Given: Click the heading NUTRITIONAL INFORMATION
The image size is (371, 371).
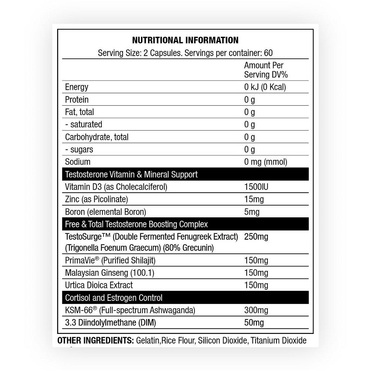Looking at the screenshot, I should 185,40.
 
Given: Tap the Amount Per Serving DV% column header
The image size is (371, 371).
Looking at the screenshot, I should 266,70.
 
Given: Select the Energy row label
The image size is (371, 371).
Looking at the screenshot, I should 76,87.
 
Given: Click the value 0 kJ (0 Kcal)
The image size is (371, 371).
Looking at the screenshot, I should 265,87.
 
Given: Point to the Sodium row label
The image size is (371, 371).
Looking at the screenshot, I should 78,162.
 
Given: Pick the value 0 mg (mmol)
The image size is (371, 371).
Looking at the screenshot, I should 266,162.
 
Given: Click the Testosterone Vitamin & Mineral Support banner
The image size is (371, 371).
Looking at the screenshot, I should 131,174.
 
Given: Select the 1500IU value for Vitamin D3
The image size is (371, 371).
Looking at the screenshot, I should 256,187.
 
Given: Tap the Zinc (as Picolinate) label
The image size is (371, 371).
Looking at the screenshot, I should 96,199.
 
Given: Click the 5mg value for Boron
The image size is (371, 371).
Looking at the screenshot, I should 252,212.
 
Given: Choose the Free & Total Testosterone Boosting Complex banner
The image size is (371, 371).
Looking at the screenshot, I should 136,224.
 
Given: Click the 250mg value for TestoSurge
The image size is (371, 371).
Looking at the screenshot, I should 256,236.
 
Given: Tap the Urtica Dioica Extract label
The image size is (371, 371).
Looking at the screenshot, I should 99,285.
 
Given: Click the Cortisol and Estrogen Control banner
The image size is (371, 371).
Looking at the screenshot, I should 114,298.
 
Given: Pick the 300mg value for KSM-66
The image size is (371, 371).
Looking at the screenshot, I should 256,310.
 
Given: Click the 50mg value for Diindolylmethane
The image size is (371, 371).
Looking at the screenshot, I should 254,322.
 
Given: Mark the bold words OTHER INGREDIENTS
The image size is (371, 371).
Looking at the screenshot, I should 95,341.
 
